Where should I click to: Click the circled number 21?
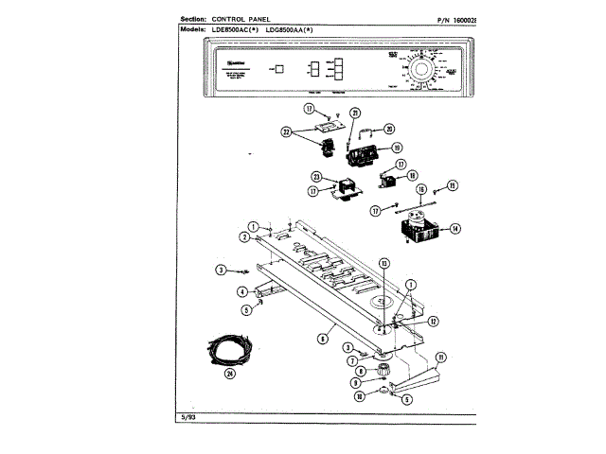click(355, 113)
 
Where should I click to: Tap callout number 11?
click(439, 357)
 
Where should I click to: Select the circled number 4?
click(242, 291)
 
